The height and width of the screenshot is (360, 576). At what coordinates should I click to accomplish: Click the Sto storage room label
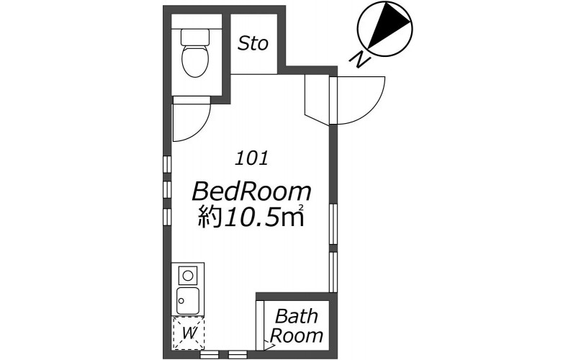click(x=253, y=43)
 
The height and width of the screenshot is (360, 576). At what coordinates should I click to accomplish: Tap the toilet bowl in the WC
click(x=195, y=60)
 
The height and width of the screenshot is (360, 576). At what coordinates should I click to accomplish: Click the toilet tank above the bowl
click(x=195, y=37)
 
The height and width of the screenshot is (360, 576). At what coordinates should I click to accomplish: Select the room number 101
click(x=251, y=158)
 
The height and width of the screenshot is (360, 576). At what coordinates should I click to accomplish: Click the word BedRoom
click(x=251, y=192)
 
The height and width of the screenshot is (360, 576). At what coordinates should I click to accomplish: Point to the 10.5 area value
click(x=251, y=217)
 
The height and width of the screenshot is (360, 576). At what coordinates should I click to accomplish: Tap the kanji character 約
click(x=210, y=217)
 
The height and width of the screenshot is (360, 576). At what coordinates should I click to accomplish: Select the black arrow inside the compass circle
click(x=389, y=25)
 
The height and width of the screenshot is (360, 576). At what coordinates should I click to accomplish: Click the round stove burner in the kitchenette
click(x=188, y=275)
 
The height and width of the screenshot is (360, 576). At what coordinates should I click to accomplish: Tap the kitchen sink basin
click(x=188, y=300)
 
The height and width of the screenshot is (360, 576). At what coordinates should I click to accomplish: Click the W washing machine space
click(x=189, y=333)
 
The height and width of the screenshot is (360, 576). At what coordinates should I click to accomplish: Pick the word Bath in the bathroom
click(x=297, y=316)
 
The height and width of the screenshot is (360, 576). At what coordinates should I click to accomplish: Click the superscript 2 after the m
click(x=301, y=208)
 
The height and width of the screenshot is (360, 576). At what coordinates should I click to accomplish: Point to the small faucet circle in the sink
click(x=181, y=300)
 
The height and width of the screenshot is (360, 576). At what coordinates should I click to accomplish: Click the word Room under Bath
click(x=297, y=336)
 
